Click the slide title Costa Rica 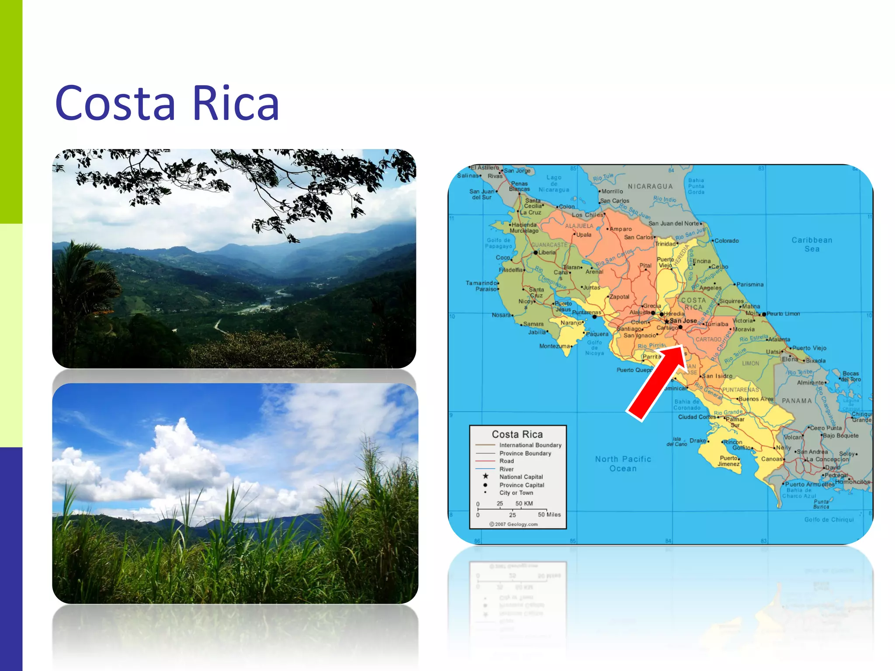[167, 104]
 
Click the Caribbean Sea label [812, 245]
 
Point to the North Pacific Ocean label [623, 463]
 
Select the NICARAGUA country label [650, 187]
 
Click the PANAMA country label [797, 401]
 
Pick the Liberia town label [547, 252]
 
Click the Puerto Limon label [783, 314]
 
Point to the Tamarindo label [481, 283]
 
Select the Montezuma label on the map [555, 346]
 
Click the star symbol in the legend [486, 476]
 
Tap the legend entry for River [506, 469]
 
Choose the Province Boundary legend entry [525, 453]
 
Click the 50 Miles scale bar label [549, 515]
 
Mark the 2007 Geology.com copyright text [514, 524]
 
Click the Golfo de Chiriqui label [829, 519]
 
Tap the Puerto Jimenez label [728, 461]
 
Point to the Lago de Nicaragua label [554, 183]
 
